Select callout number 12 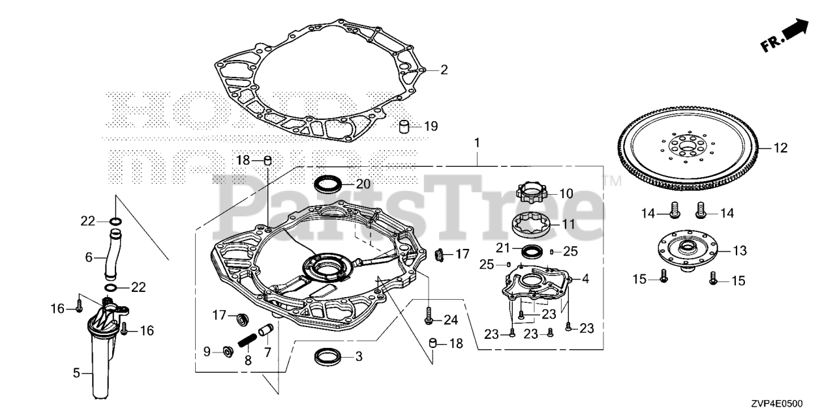pyautogui.click(x=781, y=148)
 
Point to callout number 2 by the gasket pyautogui.click(x=444, y=70)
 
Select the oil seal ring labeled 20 pyautogui.click(x=328, y=184)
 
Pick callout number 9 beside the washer pyautogui.click(x=207, y=351)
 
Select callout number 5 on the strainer pyautogui.click(x=76, y=373)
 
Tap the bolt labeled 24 pyautogui.click(x=429, y=318)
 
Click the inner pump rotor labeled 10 pyautogui.click(x=532, y=192)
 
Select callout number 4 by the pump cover pyautogui.click(x=584, y=279)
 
